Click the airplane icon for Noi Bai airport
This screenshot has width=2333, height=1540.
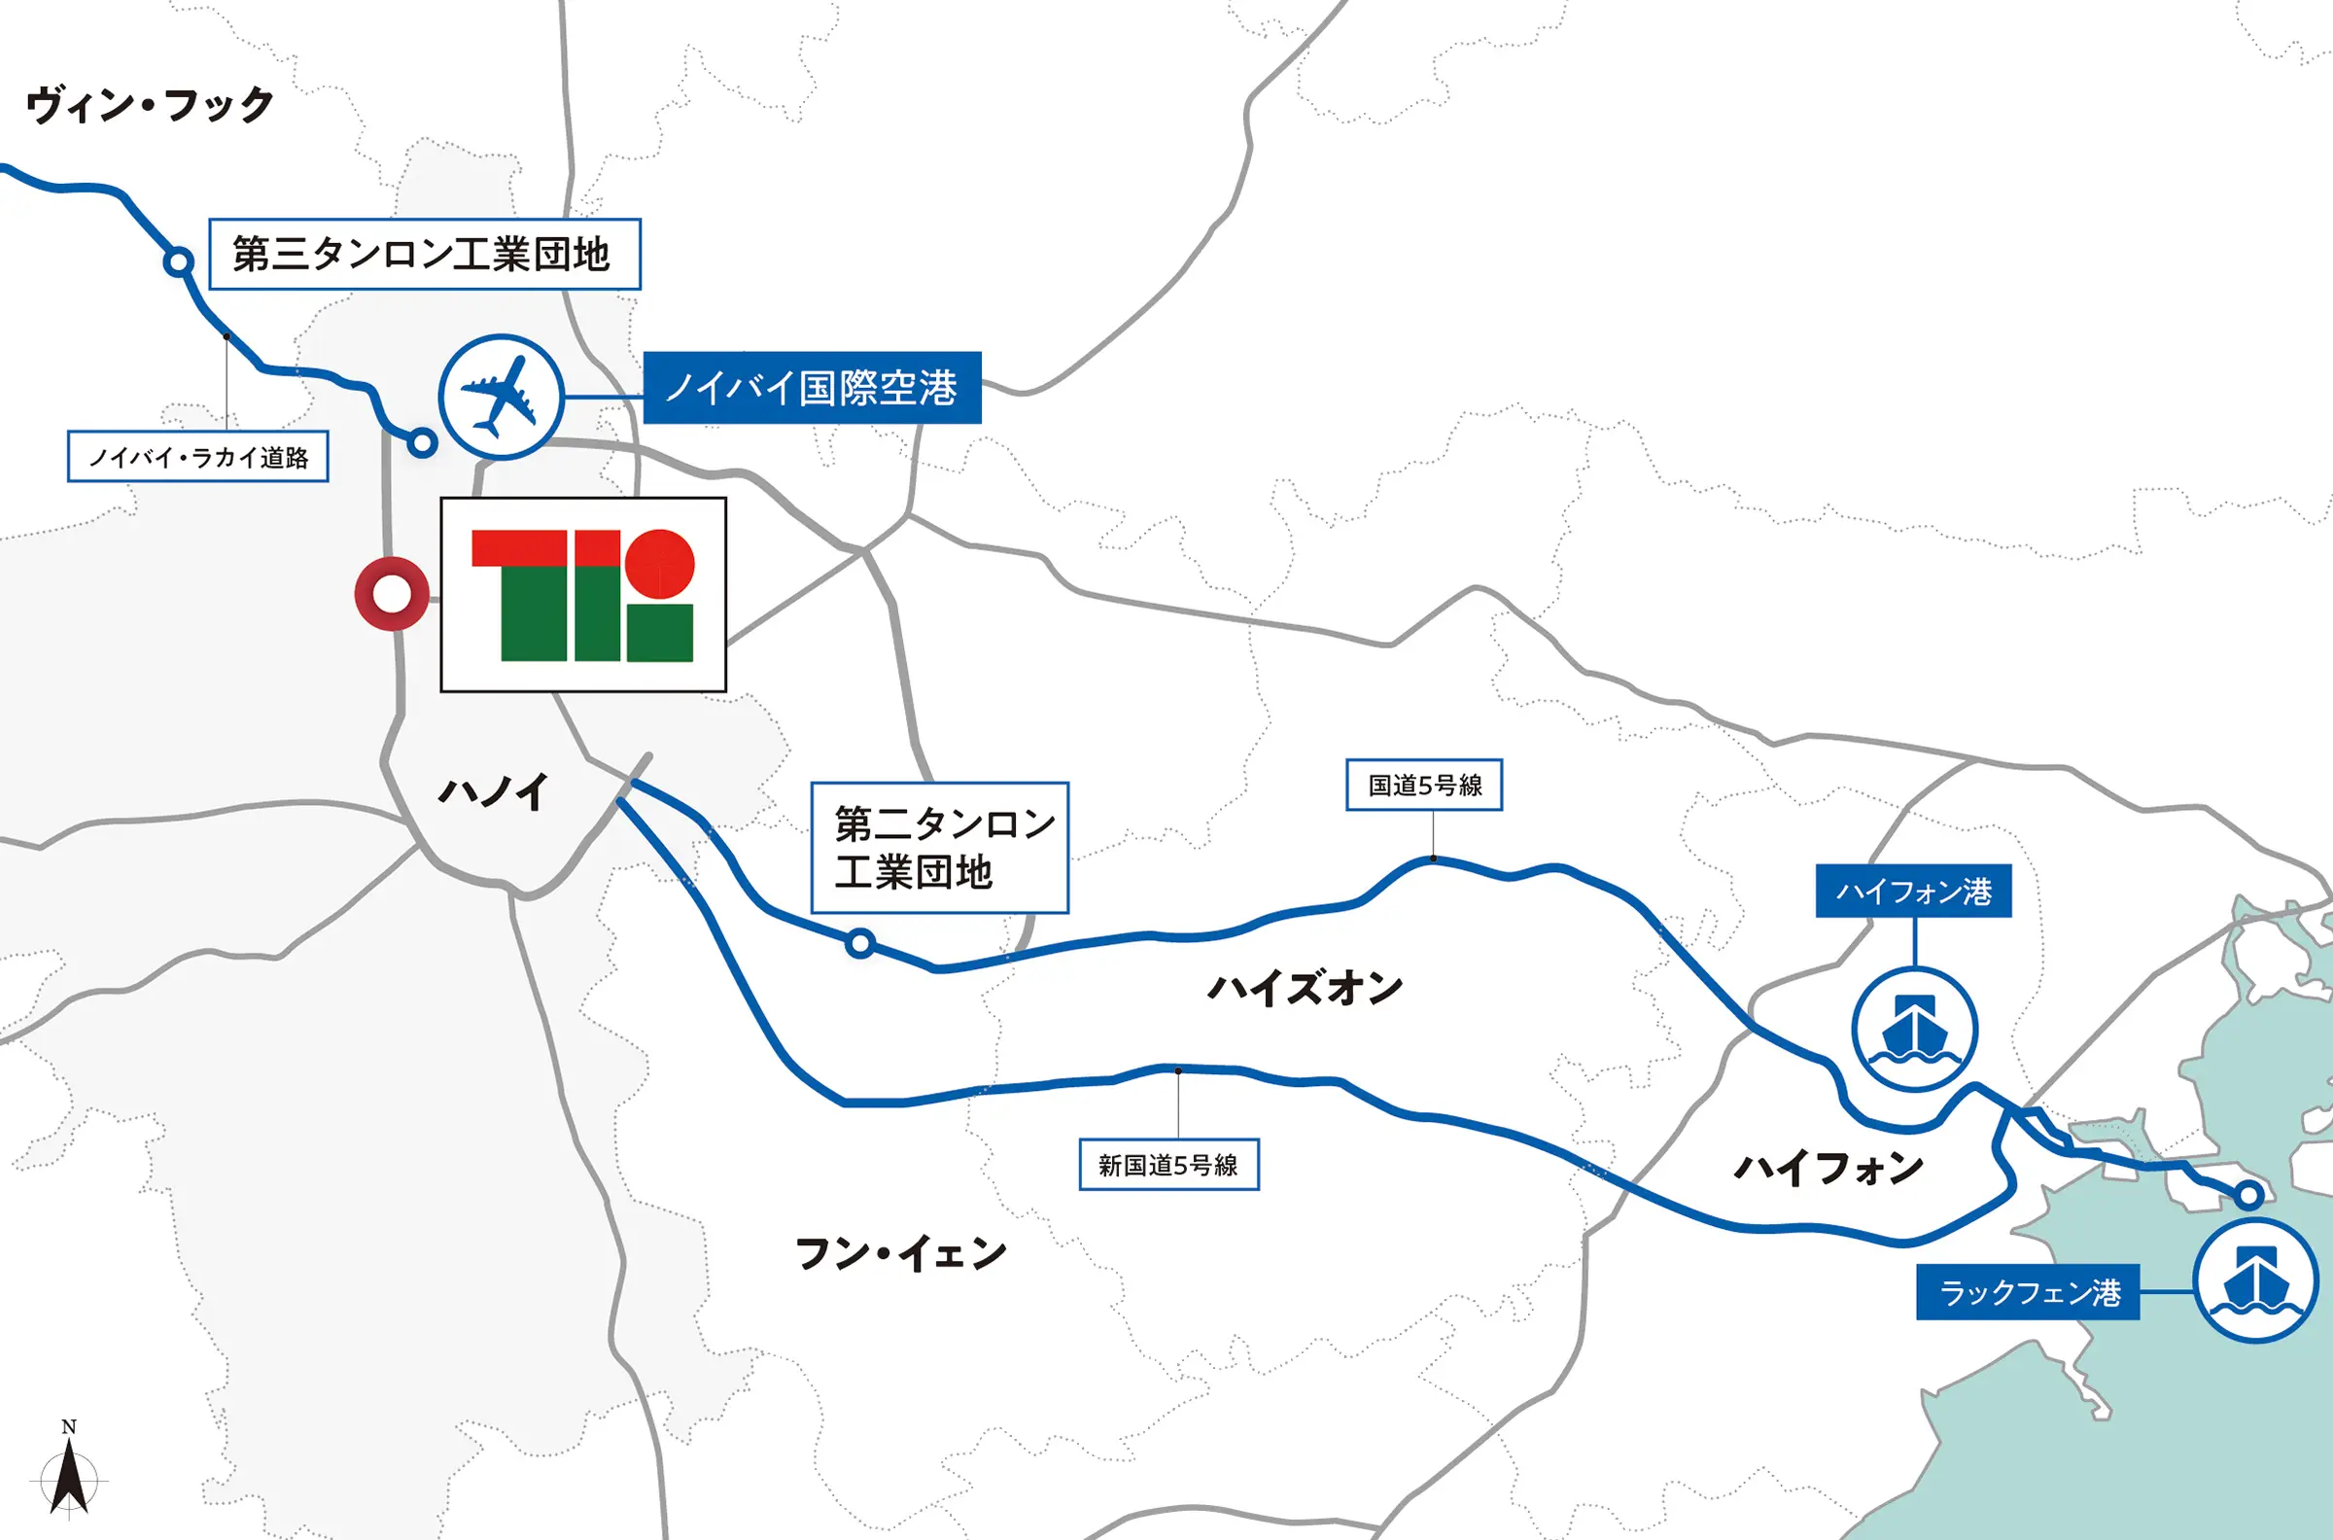[501, 396]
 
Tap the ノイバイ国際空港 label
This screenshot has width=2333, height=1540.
[811, 388]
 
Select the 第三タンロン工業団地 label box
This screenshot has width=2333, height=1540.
[424, 255]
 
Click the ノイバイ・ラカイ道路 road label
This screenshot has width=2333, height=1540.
[197, 457]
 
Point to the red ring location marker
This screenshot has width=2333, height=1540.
[392, 594]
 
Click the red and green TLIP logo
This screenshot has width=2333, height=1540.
[583, 595]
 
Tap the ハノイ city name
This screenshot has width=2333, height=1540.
[493, 791]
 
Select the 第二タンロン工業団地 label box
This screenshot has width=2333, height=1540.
[940, 848]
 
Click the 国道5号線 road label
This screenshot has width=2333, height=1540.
[1424, 785]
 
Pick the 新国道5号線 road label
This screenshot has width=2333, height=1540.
[1168, 1165]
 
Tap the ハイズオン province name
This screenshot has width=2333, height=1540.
[1305, 988]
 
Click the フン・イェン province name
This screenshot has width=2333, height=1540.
[900, 1254]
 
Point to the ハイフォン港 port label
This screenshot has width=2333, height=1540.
[1913, 892]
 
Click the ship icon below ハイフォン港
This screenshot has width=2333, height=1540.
[1914, 1030]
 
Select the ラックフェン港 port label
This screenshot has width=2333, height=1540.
[2028, 1292]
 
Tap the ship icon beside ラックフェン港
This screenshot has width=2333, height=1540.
[2255, 1280]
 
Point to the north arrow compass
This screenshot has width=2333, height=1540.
[69, 1472]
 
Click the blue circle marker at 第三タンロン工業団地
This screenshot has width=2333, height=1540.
[178, 262]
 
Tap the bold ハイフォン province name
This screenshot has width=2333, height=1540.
[1828, 1169]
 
